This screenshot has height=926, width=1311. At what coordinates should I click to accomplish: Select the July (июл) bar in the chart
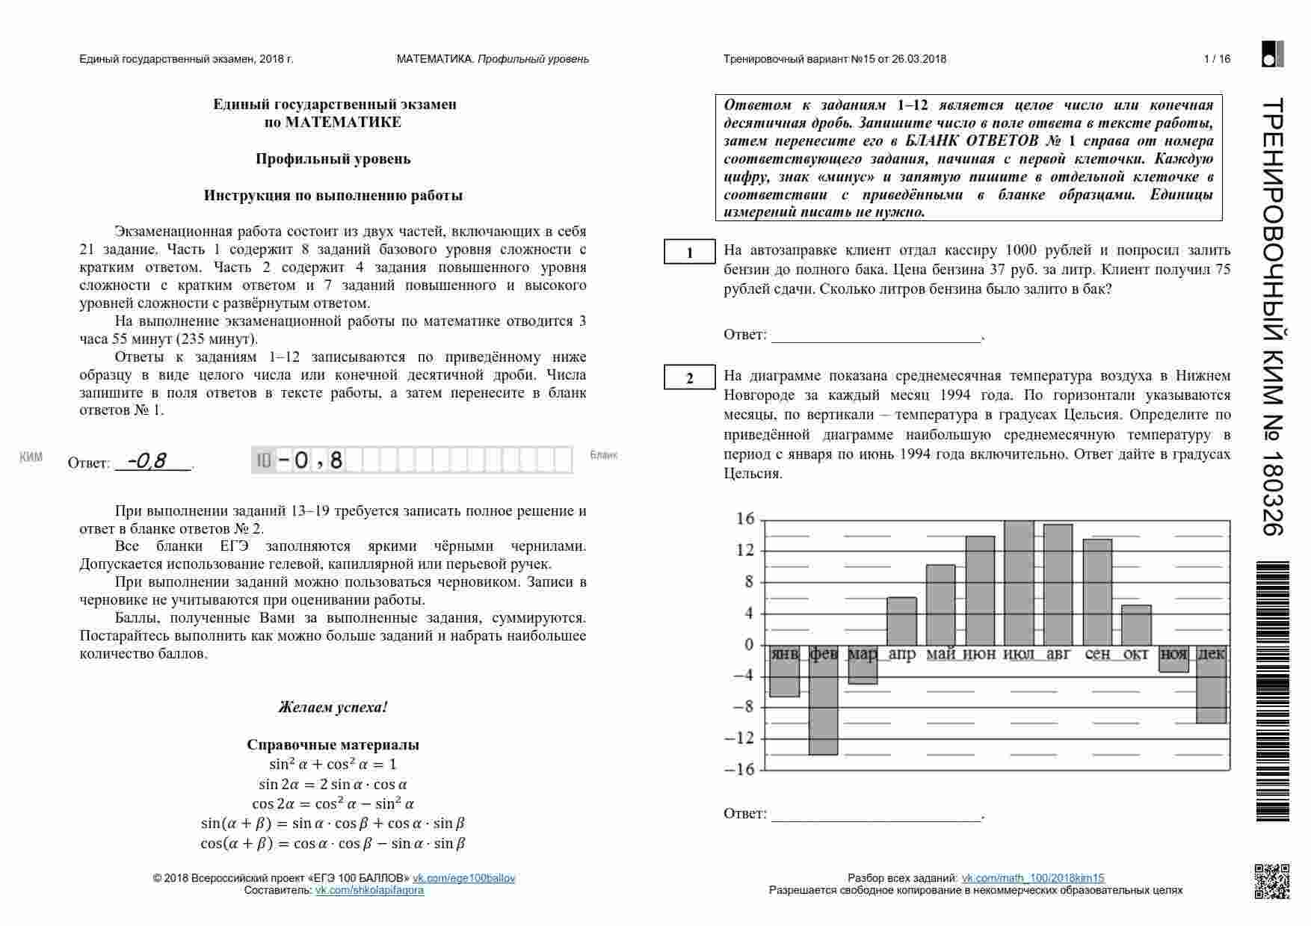point(1019,583)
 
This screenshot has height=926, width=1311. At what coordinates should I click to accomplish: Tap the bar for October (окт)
point(1136,626)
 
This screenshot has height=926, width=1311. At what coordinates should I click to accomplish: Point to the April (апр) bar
point(901,621)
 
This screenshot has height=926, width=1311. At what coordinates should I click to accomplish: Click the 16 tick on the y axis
point(745,519)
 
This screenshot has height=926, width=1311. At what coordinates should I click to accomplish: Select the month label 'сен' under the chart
point(1097,655)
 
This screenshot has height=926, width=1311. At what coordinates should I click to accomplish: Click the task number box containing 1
point(689,253)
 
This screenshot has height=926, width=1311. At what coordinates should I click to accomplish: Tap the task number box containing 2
point(689,378)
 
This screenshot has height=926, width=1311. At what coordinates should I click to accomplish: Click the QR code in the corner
point(1271,880)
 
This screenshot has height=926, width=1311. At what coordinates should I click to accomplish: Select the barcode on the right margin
point(1273,691)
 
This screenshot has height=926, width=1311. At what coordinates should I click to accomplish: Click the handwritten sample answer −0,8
point(147,460)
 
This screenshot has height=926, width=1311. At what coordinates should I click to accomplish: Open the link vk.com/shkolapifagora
point(369,890)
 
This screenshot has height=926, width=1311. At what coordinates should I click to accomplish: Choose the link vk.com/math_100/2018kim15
point(1032,878)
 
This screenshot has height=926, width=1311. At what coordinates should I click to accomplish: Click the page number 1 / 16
point(1217,59)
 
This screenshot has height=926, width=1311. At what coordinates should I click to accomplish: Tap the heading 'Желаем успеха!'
point(333,707)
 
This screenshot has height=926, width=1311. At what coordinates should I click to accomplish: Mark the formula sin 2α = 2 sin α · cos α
point(333,784)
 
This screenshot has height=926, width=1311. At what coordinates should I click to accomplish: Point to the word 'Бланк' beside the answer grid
point(604,455)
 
